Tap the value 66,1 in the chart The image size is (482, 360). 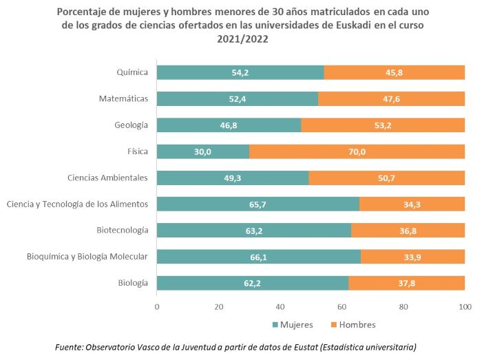(258, 257)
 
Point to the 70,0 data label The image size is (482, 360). (357, 151)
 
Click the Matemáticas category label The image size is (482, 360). (123, 98)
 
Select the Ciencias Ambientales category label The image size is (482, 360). (107, 178)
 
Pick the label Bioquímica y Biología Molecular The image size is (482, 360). (87, 257)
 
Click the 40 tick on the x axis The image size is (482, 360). (280, 306)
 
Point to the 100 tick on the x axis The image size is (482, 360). (465, 306)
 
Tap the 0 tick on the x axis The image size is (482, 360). (157, 306)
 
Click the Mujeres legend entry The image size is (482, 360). (293, 324)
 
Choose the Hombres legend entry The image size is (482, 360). (353, 324)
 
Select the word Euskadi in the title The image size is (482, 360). (346, 26)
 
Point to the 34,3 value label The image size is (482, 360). (412, 204)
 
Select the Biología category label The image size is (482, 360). (133, 283)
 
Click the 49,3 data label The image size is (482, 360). (232, 178)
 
